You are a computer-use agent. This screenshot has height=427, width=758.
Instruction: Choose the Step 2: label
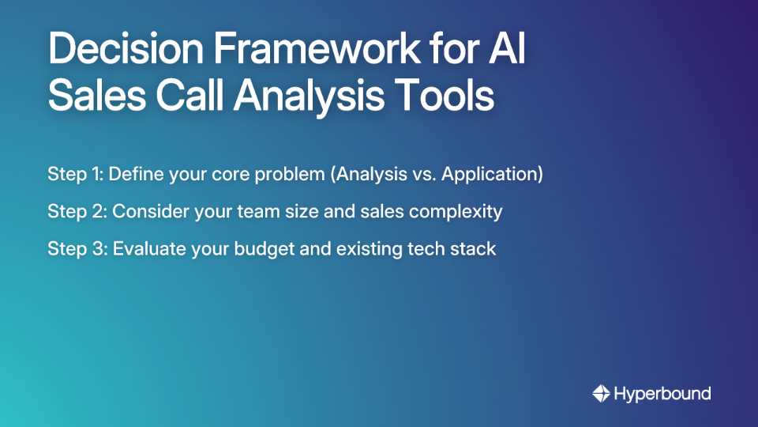tap(77, 212)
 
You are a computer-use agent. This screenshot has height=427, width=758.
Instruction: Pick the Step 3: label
tap(77, 249)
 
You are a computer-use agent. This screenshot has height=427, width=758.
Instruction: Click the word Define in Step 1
tap(134, 175)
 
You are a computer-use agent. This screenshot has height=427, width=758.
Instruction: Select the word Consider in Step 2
tap(149, 212)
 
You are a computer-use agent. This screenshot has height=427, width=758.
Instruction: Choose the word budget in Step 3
tap(261, 249)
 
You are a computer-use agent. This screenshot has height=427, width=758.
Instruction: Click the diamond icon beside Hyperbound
tap(601, 393)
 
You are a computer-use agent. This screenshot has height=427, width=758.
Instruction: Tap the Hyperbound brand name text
tap(662, 393)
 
